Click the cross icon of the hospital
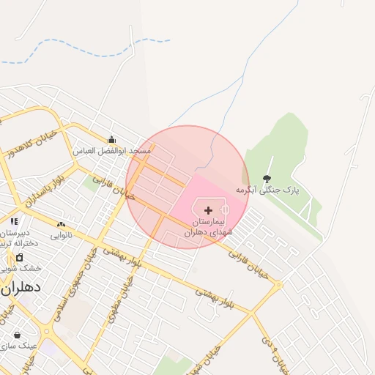point(209,210)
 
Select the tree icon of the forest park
point(266,179)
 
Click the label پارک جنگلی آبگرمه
point(269,190)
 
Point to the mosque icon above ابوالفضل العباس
point(111,140)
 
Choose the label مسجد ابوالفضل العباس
point(111,151)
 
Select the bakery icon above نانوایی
point(61,224)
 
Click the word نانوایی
point(61,235)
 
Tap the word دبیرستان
point(15,232)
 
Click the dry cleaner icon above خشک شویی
point(19,257)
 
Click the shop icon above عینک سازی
point(17,335)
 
